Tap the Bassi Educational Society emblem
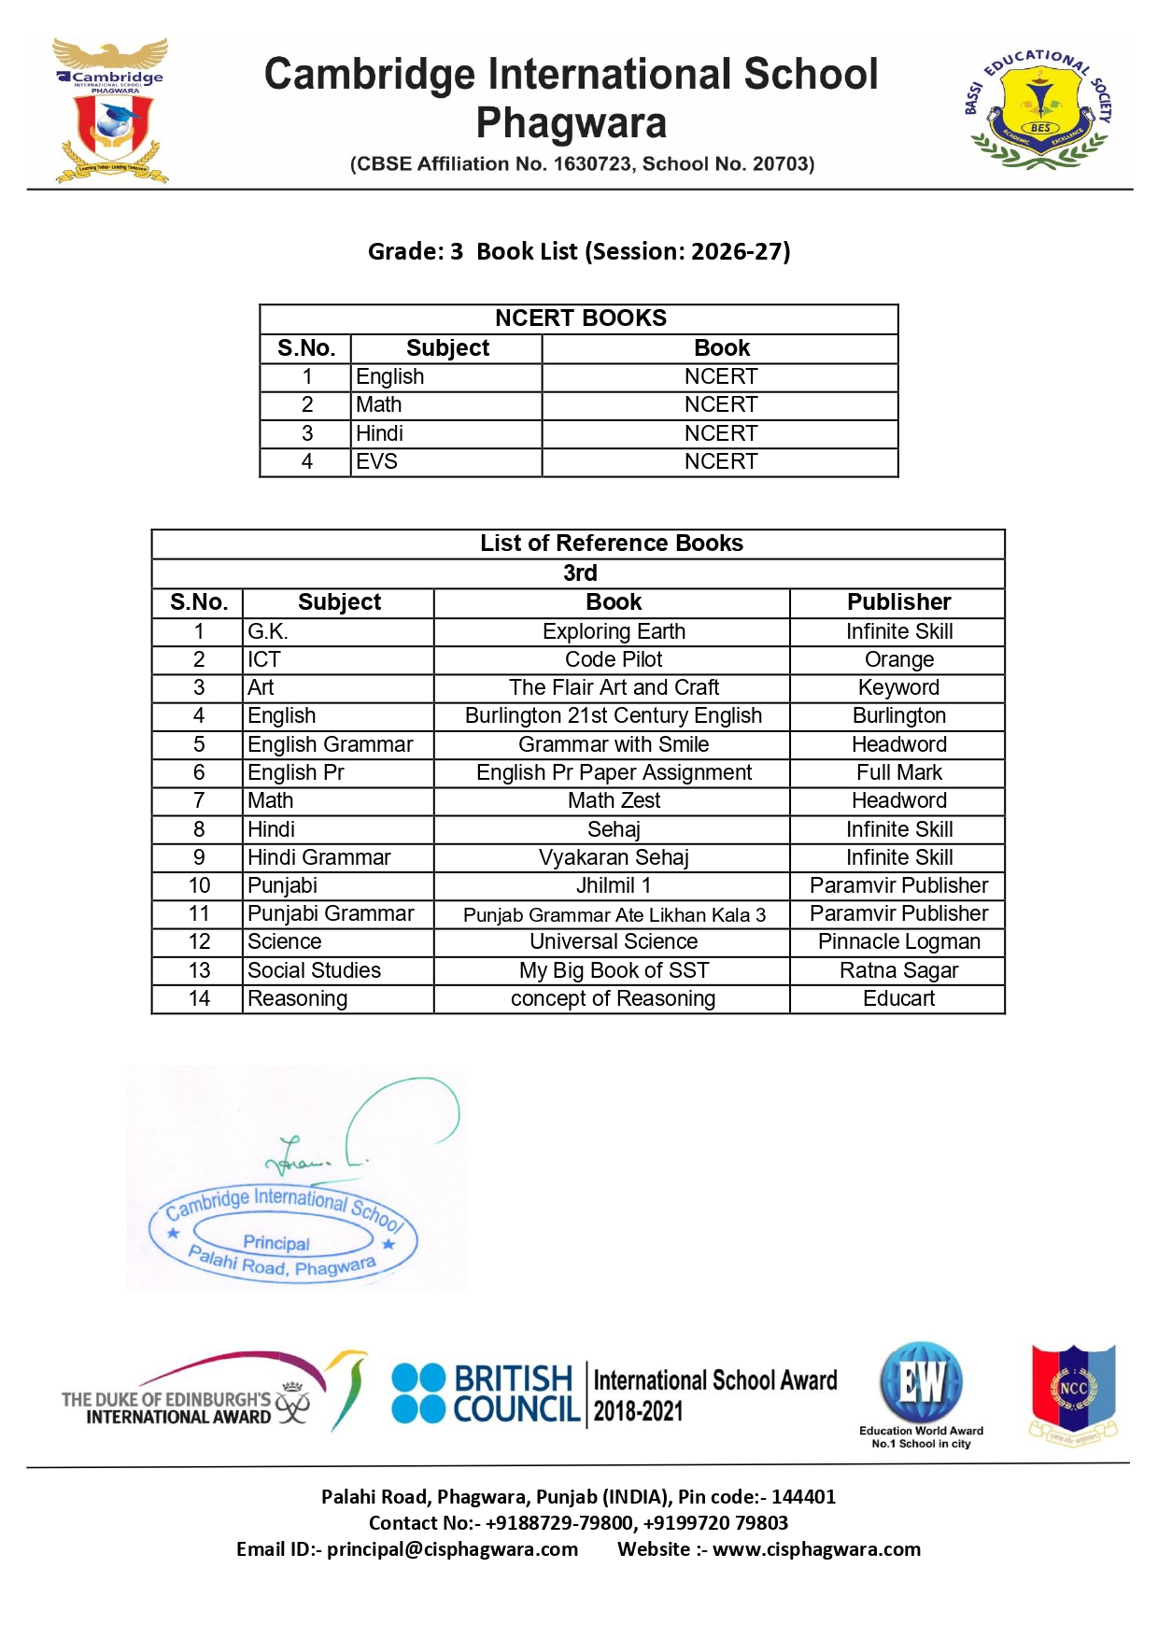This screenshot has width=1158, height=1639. (x=1038, y=109)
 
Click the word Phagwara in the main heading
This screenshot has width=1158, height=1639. (x=572, y=122)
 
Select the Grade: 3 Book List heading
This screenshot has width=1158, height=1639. (x=579, y=251)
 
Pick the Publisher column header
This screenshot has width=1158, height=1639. (x=898, y=602)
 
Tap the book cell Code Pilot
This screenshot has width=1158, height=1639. (x=614, y=659)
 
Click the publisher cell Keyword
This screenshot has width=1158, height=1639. (x=898, y=687)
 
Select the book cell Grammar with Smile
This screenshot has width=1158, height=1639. (x=614, y=744)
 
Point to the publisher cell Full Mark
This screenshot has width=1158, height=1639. (x=898, y=772)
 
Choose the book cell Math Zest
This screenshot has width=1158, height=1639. (x=614, y=800)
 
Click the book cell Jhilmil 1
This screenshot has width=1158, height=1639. (x=614, y=885)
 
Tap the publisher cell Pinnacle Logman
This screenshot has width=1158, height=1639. (x=898, y=941)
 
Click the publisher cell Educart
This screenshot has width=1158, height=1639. (x=898, y=998)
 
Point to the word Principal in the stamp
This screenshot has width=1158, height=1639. (x=276, y=1243)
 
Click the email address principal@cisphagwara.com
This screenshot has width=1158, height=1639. (x=452, y=1549)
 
